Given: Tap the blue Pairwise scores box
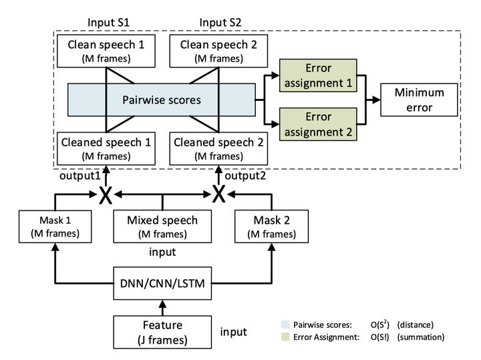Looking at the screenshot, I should pyautogui.click(x=161, y=101).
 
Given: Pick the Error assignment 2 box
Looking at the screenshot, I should pyautogui.click(x=318, y=125).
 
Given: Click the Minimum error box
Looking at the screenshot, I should pyautogui.click(x=419, y=100).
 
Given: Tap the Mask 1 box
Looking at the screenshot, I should pyautogui.click(x=51, y=226).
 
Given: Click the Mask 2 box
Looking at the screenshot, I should pyautogui.click(x=272, y=226).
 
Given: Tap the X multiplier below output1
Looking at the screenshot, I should pyautogui.click(x=105, y=195).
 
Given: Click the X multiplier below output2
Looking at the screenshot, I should pyautogui.click(x=218, y=195).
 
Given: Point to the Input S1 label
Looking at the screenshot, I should pyautogui.click(x=108, y=23).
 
